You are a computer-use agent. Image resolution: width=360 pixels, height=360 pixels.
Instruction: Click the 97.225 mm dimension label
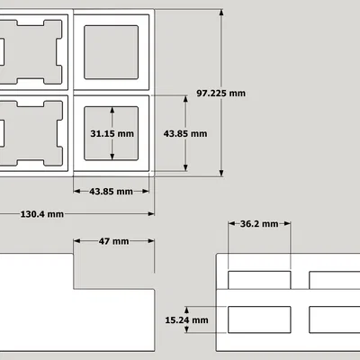pos(221,94)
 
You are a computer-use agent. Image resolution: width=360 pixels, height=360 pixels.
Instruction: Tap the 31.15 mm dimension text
pos(112,133)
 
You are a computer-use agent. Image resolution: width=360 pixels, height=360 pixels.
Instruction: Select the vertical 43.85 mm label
pos(185,133)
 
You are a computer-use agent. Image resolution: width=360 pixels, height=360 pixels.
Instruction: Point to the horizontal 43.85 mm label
pos(111,192)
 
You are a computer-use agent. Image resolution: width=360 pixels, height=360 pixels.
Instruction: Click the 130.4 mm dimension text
pos(42,214)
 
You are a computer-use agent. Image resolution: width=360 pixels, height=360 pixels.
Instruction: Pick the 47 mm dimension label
pos(113,241)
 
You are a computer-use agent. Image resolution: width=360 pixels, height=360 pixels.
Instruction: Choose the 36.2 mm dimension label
pos(259,224)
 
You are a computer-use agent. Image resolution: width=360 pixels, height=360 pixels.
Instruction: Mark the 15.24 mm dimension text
pos(186,320)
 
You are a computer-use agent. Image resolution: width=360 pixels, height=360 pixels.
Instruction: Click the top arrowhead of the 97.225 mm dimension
pos(221,13)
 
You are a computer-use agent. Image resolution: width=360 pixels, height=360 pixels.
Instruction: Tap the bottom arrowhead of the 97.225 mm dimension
pos(221,173)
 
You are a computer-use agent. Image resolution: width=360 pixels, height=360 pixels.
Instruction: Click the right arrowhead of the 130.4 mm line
pos(151,214)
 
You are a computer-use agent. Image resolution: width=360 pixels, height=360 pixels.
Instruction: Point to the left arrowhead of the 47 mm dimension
pos(77,241)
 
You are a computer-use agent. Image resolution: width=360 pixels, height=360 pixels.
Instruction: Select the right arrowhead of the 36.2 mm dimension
pos(287,223)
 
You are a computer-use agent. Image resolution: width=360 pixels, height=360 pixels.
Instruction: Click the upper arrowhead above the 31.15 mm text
pos(112,110)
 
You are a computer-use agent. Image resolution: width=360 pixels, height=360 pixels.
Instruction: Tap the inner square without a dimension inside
pos(112,52)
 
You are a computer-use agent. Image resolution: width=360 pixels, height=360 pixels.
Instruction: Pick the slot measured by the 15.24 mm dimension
pos(259,319)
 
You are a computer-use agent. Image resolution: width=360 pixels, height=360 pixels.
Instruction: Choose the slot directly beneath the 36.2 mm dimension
pos(259,280)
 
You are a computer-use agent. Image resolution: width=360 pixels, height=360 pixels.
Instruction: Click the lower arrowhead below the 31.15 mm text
pos(112,157)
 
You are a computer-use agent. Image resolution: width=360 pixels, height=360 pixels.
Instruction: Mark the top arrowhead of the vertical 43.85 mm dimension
pos(185,99)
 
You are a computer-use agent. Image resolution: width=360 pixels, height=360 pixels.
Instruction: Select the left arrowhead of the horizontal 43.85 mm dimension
pos(77,191)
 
